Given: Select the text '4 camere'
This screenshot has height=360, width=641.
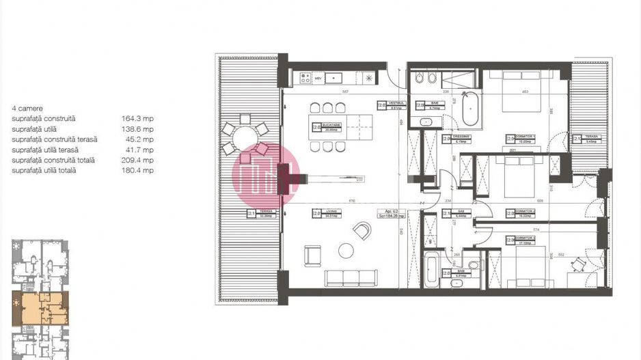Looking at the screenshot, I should click(25, 108).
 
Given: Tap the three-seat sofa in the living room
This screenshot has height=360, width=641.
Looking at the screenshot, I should click(351, 278).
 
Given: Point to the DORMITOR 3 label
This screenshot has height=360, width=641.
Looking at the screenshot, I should click(524, 240).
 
